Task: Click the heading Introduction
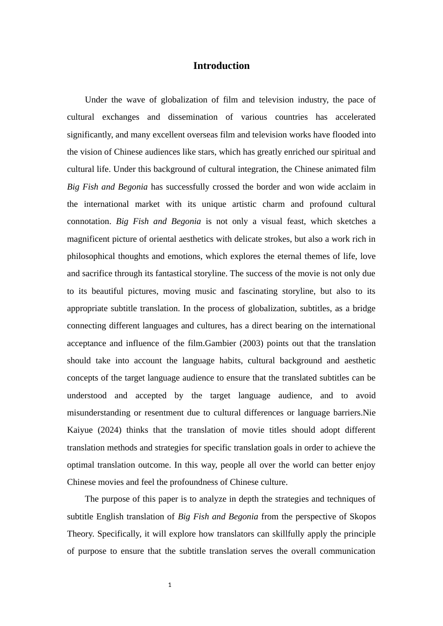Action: click(x=221, y=66)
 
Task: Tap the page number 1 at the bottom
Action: click(x=170, y=585)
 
